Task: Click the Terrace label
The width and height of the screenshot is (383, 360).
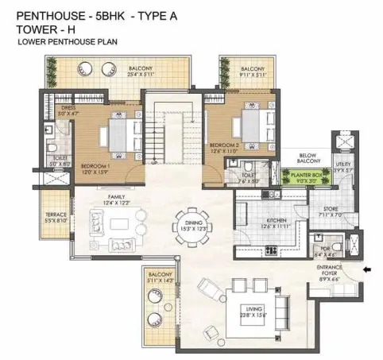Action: tap(54, 215)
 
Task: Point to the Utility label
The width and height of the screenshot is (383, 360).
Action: tap(344, 167)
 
